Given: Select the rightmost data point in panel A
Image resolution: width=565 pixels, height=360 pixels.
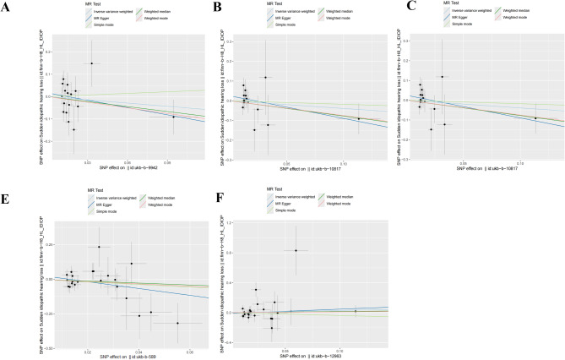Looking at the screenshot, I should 173,117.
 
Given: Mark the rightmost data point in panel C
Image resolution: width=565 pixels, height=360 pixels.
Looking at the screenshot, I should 535,118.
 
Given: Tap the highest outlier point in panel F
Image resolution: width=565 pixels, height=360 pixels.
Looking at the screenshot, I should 296,250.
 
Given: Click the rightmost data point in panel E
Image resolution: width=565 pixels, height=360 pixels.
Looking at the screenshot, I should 177,323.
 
